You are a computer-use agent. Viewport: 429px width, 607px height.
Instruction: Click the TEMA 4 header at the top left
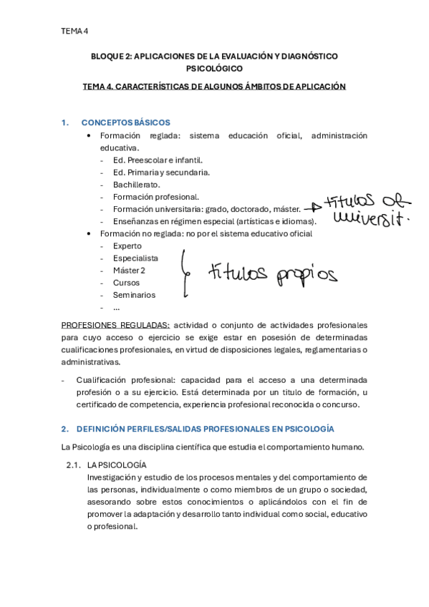[74, 31]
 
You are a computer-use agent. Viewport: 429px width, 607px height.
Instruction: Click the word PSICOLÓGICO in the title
[214, 69]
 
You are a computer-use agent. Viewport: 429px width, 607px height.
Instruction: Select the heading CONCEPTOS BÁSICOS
[125, 122]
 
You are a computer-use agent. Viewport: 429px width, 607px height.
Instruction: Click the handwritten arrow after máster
[312, 208]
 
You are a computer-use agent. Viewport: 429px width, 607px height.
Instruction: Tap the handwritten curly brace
[185, 272]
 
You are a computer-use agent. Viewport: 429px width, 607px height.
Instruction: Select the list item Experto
[127, 246]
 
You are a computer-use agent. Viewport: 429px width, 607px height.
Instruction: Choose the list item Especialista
[135, 258]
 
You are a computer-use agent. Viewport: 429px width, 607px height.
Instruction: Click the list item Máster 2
[129, 270]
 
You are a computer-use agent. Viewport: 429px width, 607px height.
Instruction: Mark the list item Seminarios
[134, 295]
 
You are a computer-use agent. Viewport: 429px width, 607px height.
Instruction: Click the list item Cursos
[126, 283]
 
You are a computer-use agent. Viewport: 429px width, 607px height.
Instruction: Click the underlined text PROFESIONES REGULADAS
[116, 324]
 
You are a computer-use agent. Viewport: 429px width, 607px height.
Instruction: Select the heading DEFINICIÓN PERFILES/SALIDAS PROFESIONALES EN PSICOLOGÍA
[205, 429]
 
